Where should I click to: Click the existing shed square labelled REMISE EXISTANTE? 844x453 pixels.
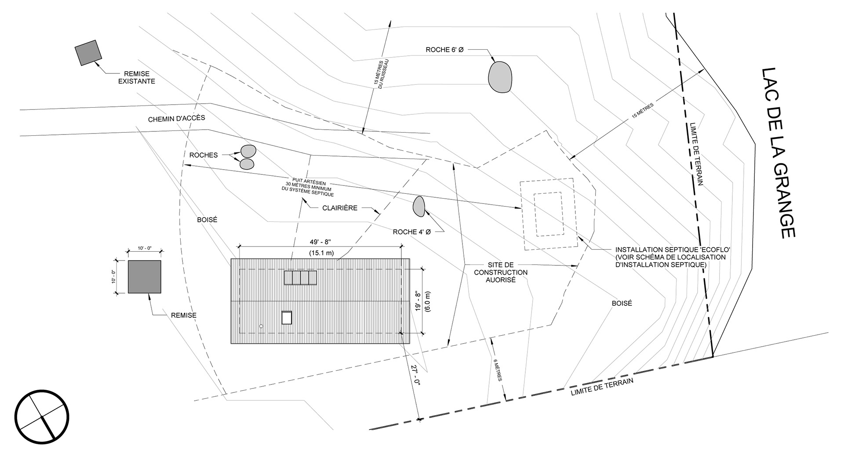point(88,53)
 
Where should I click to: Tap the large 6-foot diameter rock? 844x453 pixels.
point(500,77)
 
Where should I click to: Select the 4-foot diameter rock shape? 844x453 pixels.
point(418,206)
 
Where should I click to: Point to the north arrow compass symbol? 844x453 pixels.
point(42,417)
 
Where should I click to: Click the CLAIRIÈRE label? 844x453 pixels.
point(340,208)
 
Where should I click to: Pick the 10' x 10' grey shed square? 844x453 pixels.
point(144,277)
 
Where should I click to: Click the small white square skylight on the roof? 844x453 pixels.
point(287,317)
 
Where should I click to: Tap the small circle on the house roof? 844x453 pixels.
point(261,326)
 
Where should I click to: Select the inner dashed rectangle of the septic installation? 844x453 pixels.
point(548,214)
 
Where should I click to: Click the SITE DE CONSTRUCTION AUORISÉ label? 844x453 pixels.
point(501,272)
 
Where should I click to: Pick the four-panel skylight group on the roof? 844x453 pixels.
point(300,278)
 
